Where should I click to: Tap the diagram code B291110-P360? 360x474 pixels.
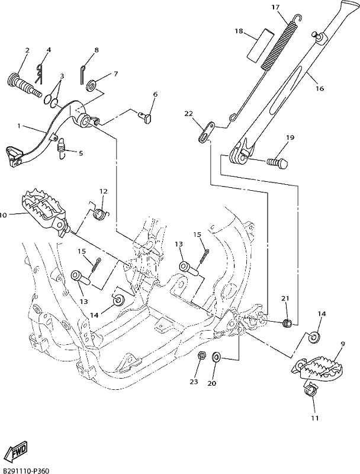[x=25, y=469]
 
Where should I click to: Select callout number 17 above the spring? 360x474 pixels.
[x=275, y=7]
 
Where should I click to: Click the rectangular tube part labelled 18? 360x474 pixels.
[x=262, y=46]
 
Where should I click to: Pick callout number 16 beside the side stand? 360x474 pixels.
[x=320, y=88]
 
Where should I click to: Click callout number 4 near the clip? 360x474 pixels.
[x=49, y=50]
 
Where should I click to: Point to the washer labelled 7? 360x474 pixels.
[x=91, y=85]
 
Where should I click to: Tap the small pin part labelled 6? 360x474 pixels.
[x=145, y=117]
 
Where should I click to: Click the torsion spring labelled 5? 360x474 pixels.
[x=62, y=147]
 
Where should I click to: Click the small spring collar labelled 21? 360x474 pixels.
[x=287, y=323]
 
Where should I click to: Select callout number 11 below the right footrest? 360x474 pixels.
[x=314, y=418]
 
